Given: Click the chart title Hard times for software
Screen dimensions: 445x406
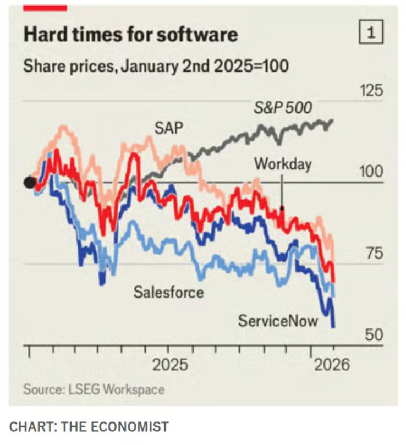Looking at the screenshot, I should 130,35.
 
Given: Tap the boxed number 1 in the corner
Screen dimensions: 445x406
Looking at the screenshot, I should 371,34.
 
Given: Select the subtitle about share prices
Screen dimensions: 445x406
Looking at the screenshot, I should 156,67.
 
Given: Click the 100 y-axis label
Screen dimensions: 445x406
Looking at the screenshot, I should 371,172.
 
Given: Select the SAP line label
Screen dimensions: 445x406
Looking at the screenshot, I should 168,128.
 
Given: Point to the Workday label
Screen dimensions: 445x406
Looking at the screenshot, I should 283,163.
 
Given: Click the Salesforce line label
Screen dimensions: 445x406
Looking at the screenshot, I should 168,292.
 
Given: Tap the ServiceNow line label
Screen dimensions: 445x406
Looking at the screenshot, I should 278,320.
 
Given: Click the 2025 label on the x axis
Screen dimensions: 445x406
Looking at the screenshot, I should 169,364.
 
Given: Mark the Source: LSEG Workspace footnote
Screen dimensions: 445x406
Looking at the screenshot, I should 94,389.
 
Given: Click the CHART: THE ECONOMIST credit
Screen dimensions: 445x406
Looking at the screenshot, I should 89,426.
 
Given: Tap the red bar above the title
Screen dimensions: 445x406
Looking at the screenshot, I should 45,8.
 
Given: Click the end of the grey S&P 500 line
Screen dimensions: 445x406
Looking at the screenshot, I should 332,120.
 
